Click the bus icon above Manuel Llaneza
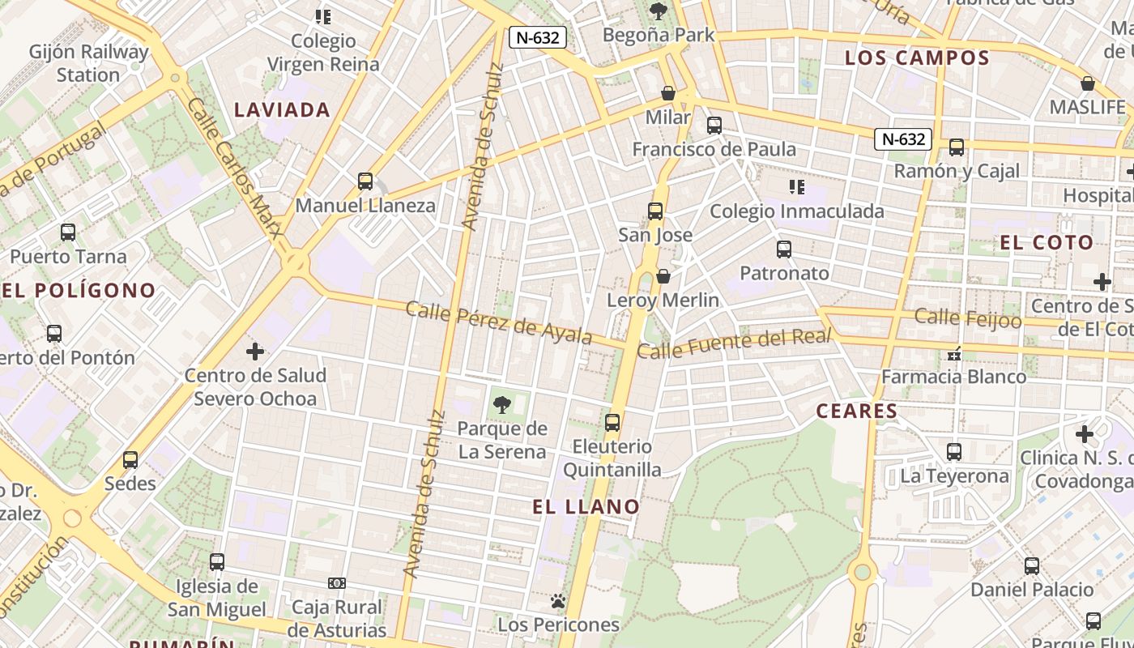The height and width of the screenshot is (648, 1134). (365, 181)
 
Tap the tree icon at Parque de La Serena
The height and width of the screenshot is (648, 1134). (502, 405)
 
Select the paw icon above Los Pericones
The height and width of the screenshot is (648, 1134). (558, 601)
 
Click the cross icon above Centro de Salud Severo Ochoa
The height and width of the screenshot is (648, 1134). (255, 352)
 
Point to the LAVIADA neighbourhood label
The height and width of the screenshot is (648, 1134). (282, 110)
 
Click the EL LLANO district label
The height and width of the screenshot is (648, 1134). (586, 507)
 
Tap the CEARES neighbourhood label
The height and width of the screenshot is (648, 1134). (857, 411)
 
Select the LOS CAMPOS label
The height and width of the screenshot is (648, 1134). (917, 58)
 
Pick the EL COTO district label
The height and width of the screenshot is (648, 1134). (1047, 243)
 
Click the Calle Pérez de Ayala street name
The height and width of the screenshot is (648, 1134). (499, 322)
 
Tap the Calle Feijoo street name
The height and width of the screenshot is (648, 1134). (968, 318)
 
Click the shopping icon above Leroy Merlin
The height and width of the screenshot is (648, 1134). (663, 277)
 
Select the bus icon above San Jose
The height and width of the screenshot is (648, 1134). (655, 212)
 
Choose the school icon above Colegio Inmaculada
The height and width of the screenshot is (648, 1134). (797, 188)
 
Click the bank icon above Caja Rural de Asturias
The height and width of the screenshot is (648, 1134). (337, 583)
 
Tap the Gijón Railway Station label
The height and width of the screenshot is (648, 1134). (89, 63)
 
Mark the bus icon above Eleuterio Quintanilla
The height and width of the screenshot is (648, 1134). (612, 423)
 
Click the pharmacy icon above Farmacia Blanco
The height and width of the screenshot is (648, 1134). (954, 354)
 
